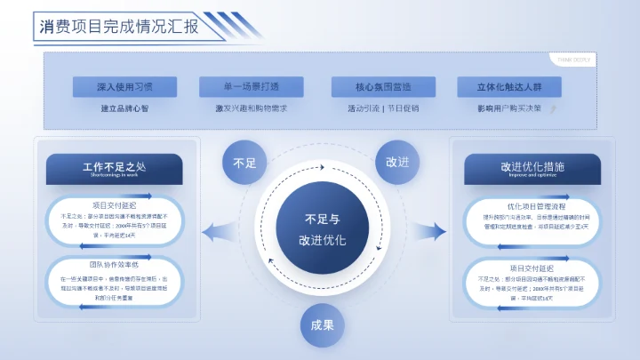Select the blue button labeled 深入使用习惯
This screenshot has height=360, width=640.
[x=125, y=87]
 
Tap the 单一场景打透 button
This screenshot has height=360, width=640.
[x=252, y=87]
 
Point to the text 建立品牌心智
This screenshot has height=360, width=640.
[x=125, y=108]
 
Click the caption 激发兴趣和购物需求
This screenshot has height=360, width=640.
[x=252, y=108]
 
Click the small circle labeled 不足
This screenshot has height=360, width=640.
[x=244, y=163]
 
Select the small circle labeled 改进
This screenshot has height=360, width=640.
[x=397, y=163]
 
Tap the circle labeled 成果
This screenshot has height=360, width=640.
[x=321, y=325]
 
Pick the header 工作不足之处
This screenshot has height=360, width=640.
[x=114, y=168]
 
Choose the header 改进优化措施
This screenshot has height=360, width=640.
[x=532, y=168]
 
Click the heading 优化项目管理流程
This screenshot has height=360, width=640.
[x=532, y=206]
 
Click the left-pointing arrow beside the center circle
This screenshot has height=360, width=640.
[x=217, y=233]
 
